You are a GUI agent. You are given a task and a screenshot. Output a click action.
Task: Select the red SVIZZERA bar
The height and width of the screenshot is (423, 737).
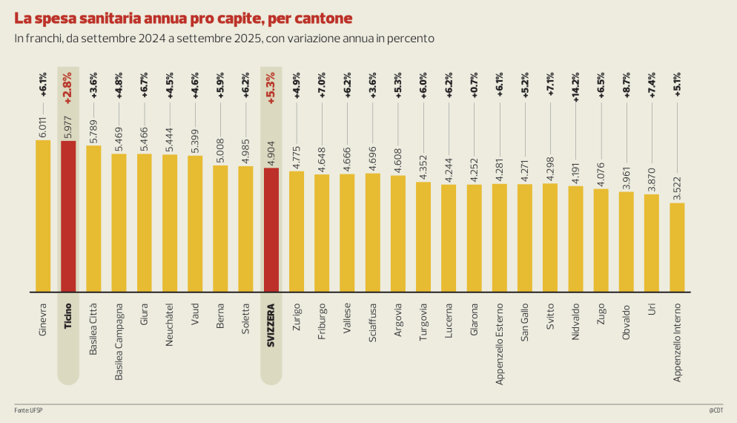(x=271, y=229)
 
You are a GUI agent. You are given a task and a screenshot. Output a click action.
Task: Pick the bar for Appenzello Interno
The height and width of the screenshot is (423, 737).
(x=677, y=246)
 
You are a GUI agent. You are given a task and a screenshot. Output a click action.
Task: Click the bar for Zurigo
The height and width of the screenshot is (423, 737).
(x=297, y=231)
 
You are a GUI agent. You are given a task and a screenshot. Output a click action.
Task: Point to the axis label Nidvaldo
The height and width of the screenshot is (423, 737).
(x=575, y=321)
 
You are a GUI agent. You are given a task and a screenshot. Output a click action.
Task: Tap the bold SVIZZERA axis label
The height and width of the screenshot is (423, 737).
(x=271, y=324)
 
